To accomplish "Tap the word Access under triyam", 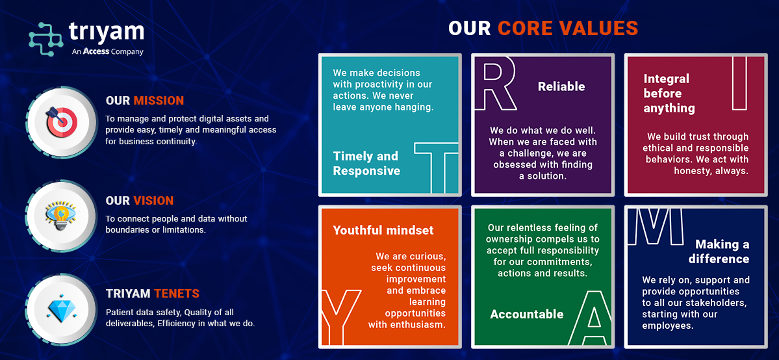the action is coord(96,51).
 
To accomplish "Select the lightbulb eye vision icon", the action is coord(60,215).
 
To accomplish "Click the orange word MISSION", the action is coord(159,101).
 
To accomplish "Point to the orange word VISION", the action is coord(153,201).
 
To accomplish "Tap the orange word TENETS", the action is coord(176,294).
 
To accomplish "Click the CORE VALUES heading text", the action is coord(568,29).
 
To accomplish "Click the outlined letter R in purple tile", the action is coord(496,83).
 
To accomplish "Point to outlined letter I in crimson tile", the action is coord(740,83).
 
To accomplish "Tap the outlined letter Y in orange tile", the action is coord(340,316).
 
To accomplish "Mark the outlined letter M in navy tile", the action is coord(656,227).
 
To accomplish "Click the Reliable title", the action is coord(561,87).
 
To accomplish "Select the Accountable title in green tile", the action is coord(527,315).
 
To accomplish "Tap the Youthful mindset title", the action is coord(383,230).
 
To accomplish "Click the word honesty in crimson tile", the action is coord(692,170).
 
